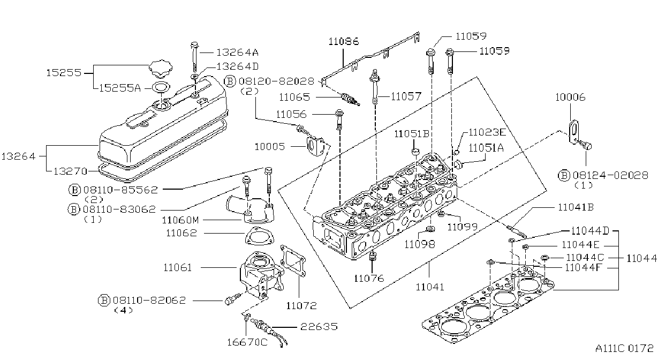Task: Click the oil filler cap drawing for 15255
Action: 160,69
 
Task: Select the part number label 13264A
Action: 237,52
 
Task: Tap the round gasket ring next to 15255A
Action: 161,87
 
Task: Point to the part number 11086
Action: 343,41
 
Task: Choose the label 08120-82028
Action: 276,81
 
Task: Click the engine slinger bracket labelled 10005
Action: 315,146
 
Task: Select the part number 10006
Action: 570,97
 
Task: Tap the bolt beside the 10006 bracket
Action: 585,145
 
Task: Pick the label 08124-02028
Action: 610,175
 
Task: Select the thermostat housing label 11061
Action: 177,267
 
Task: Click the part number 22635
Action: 319,326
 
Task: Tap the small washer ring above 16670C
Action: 247,317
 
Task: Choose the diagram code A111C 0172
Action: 624,348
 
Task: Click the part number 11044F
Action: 584,268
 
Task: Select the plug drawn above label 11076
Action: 372,256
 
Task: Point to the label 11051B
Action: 412,134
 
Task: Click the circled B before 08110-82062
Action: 104,301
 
